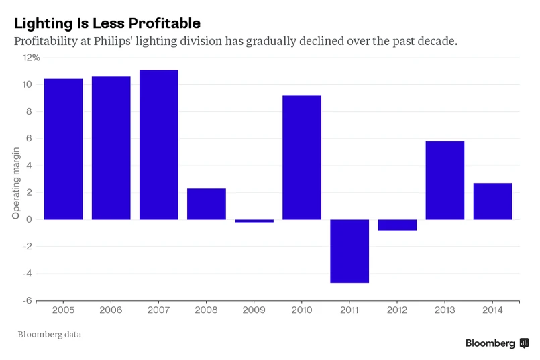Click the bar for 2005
point(63,149)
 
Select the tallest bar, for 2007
point(159,144)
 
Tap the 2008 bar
point(207,204)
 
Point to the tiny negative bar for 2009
point(254,221)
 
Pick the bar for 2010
point(302,157)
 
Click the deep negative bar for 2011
point(349,251)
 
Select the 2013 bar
point(445,180)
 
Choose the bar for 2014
point(492,201)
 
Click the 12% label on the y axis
point(32,58)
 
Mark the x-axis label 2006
point(111,311)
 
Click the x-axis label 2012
point(397,311)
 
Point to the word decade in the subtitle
point(437,41)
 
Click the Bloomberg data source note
point(50,333)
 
